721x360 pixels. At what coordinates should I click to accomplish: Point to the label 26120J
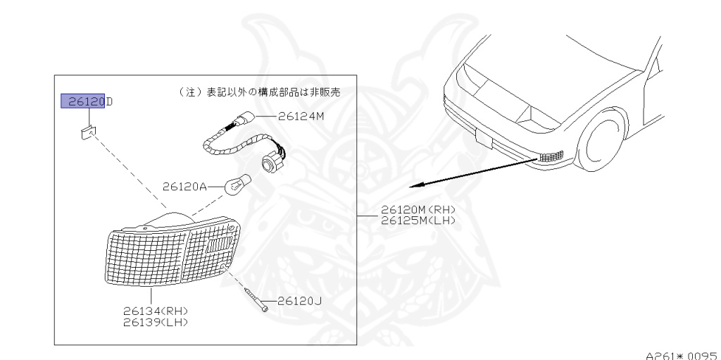(299, 301)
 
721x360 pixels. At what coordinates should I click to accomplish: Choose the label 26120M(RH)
(418, 210)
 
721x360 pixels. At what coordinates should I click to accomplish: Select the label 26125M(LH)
(418, 220)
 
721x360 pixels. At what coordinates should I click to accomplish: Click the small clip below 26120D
(87, 132)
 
